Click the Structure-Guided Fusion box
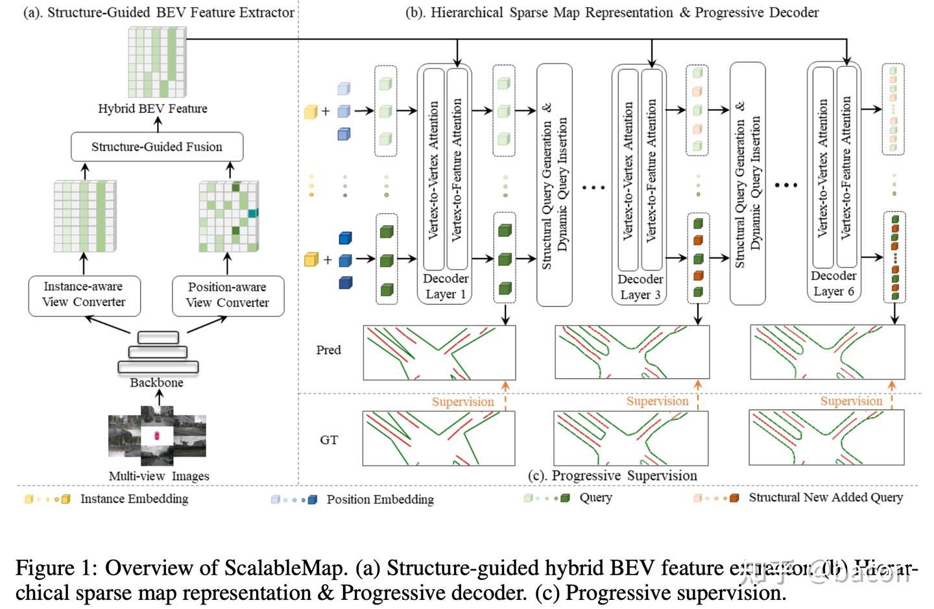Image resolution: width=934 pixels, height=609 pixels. coord(156,147)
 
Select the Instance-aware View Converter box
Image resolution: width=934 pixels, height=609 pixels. coord(84,294)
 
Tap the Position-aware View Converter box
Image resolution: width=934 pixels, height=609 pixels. coord(228,295)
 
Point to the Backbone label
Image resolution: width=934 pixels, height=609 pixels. coord(156,383)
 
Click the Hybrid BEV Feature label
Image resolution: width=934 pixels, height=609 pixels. coord(152,109)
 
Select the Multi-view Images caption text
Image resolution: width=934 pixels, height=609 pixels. coord(159,476)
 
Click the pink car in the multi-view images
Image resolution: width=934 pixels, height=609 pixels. coord(156,435)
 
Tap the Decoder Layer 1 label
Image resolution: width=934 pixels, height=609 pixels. coord(445,286)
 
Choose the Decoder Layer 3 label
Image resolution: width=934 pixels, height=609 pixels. coord(640,287)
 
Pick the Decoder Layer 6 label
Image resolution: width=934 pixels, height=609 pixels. coord(833,284)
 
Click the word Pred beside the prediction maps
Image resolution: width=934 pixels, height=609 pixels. coord(328,350)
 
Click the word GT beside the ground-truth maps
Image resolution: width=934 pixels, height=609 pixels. coord(329,440)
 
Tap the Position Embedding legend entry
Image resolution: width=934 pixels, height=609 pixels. coord(380,499)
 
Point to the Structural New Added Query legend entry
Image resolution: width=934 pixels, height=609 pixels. coord(825,497)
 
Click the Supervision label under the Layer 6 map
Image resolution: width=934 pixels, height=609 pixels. coord(851,401)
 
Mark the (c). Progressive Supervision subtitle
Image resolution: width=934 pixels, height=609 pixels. coord(612,475)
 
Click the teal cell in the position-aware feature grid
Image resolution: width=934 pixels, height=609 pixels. coord(253,213)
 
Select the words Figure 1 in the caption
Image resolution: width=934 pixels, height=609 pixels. coord(55,568)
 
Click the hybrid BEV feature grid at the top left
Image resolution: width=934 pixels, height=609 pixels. coord(158,62)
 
